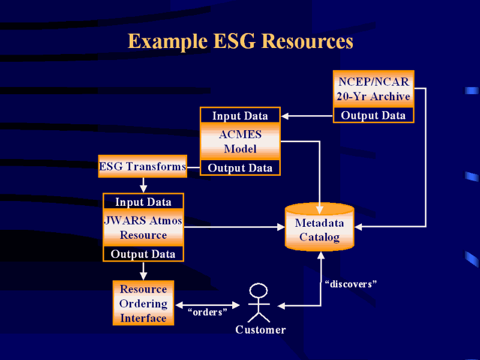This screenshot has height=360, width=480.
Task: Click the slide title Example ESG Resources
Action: coord(241,41)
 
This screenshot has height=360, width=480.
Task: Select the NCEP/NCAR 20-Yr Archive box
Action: coord(373,89)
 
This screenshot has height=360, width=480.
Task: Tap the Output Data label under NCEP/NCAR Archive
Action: coord(373,115)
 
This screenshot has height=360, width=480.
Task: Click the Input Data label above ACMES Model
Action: coord(241,116)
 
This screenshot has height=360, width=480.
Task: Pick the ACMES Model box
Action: coord(241,142)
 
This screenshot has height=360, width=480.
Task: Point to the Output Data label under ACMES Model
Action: coord(241,168)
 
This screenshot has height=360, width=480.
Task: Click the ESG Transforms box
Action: coord(143,166)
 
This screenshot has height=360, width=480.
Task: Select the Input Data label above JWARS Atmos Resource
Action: coord(143,202)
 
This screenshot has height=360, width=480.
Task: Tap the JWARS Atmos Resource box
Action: coord(143,227)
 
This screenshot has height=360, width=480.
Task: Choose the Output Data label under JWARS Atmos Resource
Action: coord(143,254)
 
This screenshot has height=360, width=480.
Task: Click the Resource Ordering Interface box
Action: coord(143,303)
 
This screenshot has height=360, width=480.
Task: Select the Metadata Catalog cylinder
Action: coord(320,227)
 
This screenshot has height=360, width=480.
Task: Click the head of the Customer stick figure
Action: coord(259,290)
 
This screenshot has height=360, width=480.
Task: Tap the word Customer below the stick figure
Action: coord(260,329)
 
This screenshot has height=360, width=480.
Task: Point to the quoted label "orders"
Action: coord(207,312)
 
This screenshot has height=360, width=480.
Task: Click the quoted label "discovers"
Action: coord(350,284)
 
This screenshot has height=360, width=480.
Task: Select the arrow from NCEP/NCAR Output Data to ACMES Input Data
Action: coord(307,116)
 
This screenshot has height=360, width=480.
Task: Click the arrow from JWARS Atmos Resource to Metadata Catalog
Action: coord(235,227)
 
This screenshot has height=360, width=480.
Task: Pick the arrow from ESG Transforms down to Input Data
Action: coord(143,185)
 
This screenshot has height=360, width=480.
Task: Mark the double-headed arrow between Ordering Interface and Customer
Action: coord(208,305)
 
